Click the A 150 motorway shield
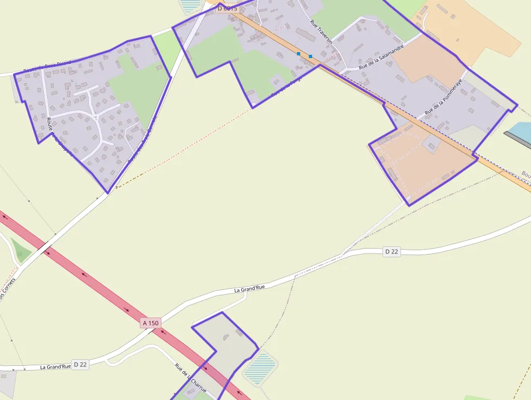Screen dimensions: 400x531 pos(151,323)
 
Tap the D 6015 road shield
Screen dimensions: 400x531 pos(228,8)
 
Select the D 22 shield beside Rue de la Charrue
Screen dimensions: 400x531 pos(80,364)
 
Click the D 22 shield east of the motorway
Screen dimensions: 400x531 pos(391,251)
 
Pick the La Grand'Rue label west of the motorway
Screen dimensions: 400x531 pos(55,367)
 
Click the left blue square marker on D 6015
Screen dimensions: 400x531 pos(299,54)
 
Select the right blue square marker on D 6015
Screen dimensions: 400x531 pos(310,56)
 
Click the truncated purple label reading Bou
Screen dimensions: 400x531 pos(526,174)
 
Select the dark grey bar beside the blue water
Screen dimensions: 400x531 pos(517,139)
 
